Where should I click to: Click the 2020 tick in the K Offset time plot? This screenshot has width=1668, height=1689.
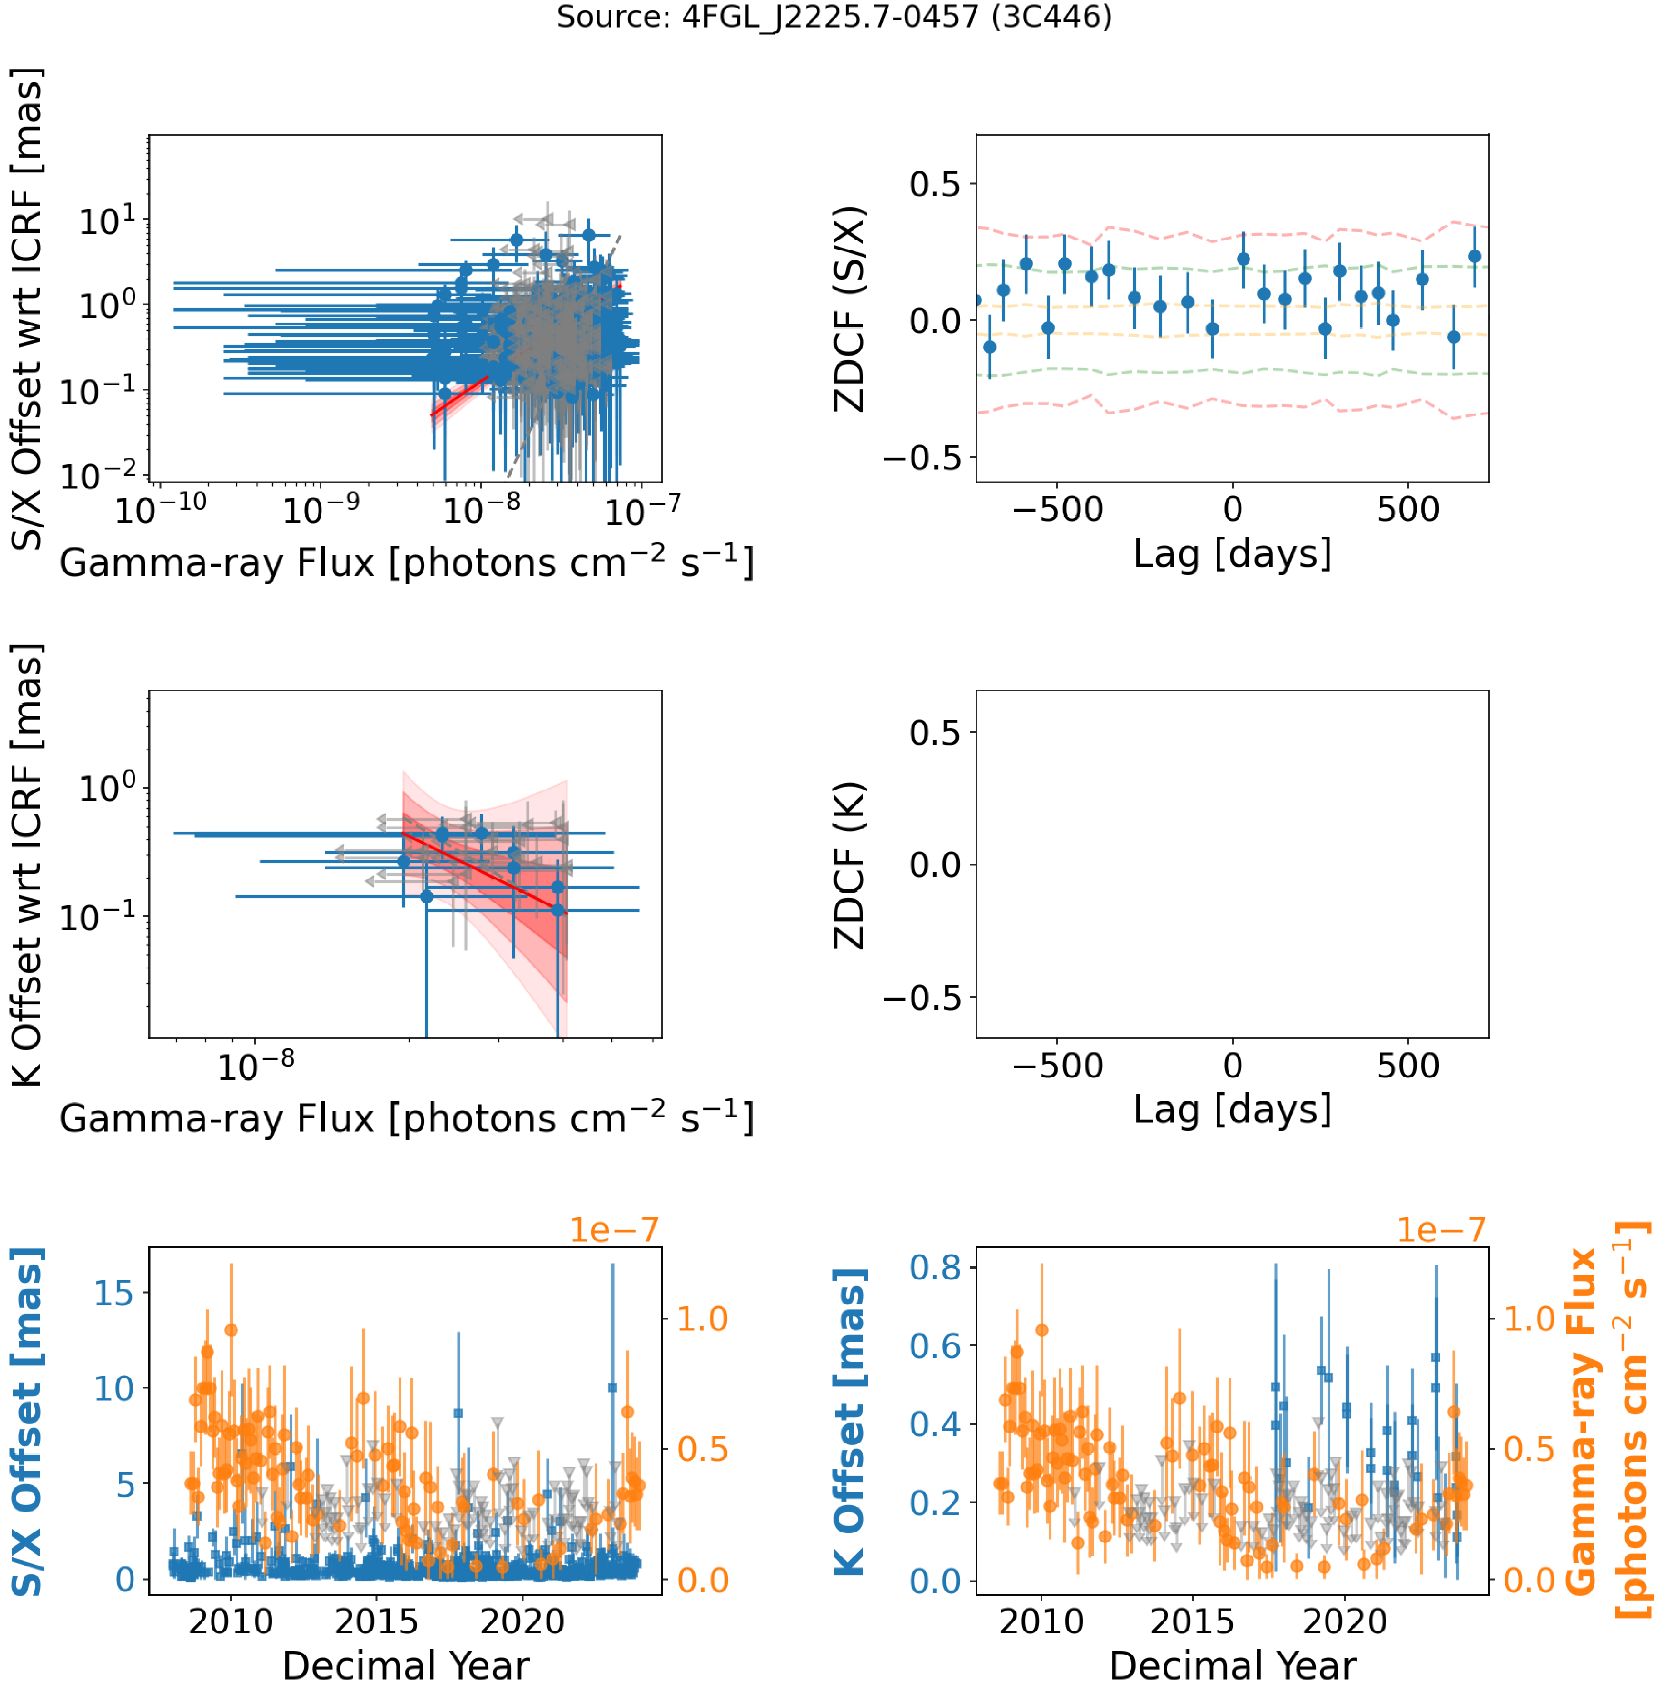point(1345,1622)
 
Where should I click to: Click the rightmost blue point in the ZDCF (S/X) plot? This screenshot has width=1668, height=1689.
point(1475,256)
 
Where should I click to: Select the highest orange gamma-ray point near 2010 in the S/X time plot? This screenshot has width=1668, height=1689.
point(231,1330)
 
